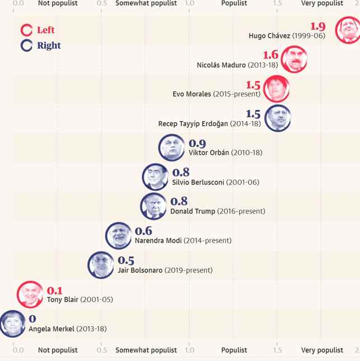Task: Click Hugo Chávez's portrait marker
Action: tap(348, 30)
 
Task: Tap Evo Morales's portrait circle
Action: tap(276, 89)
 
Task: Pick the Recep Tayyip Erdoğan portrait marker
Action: tap(278, 118)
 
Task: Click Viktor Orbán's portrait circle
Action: tap(172, 147)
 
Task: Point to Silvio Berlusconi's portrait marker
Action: tap(155, 177)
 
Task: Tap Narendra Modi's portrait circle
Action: tap(119, 235)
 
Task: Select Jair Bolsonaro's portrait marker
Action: tap(101, 265)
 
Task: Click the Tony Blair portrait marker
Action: tap(30, 294)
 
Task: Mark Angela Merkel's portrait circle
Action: tap(11, 323)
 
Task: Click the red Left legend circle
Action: tap(26, 30)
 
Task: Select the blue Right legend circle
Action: tap(26, 46)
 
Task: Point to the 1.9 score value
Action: tap(317, 26)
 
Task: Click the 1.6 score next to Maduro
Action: tap(270, 55)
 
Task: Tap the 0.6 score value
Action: tap(143, 231)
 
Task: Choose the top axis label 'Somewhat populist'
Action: tap(146, 3)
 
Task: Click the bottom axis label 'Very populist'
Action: tap(322, 350)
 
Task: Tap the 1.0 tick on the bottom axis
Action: tap(189, 350)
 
